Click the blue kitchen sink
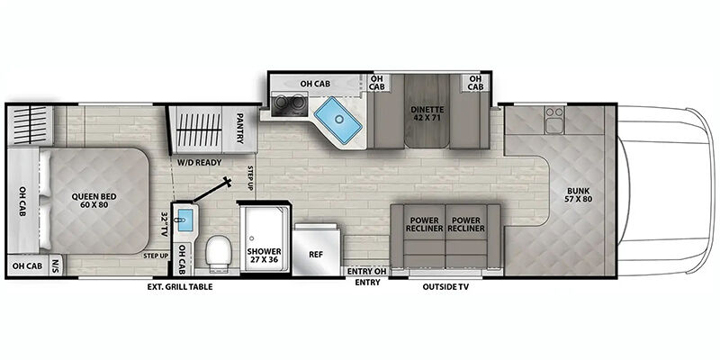339,119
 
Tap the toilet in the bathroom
217,251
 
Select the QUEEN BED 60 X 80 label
94,201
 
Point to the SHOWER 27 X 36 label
264,256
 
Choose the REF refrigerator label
316,254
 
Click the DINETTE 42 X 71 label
427,114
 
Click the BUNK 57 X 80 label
577,195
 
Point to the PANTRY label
240,129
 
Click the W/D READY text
200,162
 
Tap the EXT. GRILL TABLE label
180,287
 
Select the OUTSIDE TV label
445,287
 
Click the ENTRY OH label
367,272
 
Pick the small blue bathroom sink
185,220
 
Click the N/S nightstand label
56,265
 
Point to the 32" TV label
166,223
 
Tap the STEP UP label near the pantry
251,178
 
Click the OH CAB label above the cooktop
316,84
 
